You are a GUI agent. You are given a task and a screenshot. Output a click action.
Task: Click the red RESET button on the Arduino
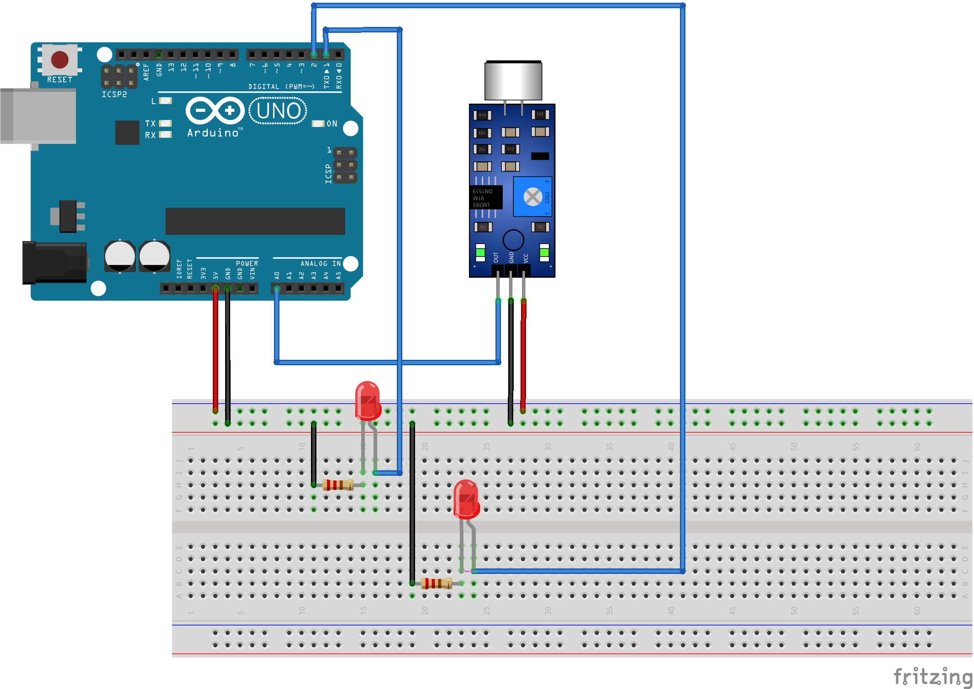point(60,59)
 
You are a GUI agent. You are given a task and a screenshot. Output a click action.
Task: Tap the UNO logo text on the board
point(278,111)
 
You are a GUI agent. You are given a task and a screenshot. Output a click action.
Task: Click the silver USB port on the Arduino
point(39,116)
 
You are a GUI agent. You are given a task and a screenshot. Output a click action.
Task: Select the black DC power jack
point(55,263)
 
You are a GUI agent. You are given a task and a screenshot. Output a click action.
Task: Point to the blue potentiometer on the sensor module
point(532,197)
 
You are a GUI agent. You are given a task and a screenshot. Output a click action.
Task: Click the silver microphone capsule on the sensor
point(513,81)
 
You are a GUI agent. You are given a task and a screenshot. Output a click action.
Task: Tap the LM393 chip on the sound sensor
point(486,197)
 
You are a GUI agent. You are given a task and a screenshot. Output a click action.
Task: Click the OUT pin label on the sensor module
point(496,257)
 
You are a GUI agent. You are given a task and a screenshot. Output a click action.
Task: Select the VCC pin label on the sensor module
point(526,258)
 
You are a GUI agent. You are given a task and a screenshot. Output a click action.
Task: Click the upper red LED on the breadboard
point(368,400)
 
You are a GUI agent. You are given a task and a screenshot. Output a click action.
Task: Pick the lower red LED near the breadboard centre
point(466,499)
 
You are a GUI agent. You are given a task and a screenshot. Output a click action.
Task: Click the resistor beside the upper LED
point(338,485)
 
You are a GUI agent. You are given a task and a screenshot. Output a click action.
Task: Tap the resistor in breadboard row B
point(437,583)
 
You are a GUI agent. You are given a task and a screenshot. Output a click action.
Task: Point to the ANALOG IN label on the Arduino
point(321,263)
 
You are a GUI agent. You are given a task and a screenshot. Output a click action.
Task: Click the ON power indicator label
point(332,124)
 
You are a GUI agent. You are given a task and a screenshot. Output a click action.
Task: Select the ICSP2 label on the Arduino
point(114,95)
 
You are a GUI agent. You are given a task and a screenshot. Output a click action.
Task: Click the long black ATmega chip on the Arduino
point(255,221)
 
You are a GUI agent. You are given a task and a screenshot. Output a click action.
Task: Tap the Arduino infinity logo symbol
point(215,110)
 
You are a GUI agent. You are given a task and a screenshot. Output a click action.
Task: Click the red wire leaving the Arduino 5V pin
point(215,347)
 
